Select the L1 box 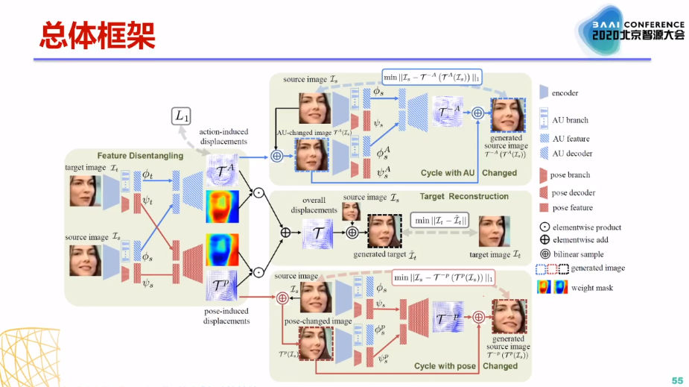[181, 116]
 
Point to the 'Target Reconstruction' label [464, 196]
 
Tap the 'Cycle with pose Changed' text [466, 366]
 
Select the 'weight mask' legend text [593, 288]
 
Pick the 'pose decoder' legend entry [572, 192]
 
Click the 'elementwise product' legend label [587, 227]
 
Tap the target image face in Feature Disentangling [85, 190]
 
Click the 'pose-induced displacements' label [226, 316]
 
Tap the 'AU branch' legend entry [571, 121]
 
